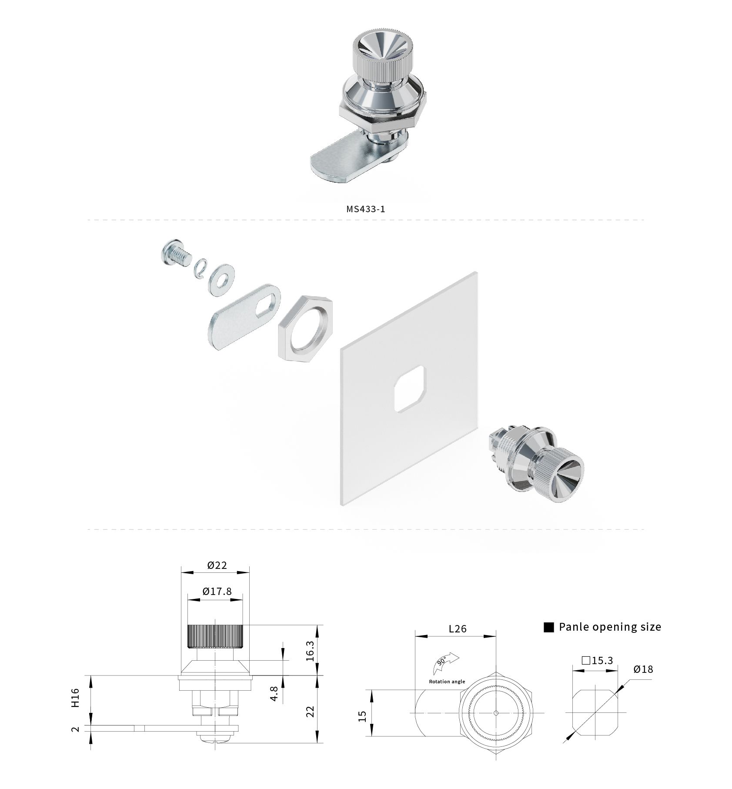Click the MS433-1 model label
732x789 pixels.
click(x=366, y=209)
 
